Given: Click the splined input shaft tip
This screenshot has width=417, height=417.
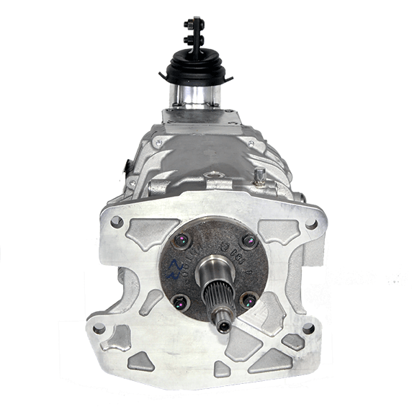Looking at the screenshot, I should coord(224,327).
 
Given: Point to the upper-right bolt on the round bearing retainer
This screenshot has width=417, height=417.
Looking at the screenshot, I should coord(249,240).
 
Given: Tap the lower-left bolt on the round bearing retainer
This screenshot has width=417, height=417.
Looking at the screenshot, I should coord(181,302).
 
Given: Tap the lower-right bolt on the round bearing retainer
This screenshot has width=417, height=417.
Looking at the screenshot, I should coord(249,298).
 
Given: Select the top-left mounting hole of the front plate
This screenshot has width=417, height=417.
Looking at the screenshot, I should coord(116,221).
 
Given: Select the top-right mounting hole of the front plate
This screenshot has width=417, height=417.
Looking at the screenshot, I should coord(311,224).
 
